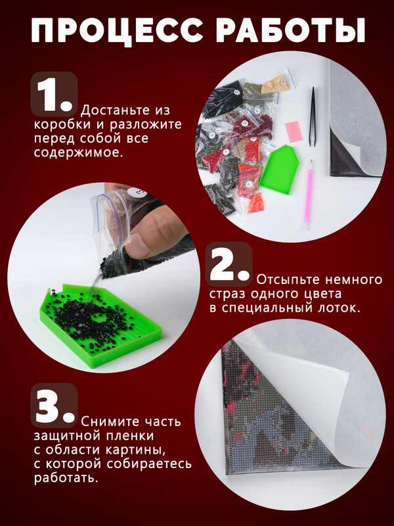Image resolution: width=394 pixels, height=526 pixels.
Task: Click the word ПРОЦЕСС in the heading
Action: pos(117,30)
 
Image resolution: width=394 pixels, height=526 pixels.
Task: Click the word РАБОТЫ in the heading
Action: pos(290,30)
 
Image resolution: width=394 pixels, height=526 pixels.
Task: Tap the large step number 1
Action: pos(54,95)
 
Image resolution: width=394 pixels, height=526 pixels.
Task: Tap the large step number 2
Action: pos(229,264)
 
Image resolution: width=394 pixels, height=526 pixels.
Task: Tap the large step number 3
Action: pos(55,406)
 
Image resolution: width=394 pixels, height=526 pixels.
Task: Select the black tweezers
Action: pos(313,117)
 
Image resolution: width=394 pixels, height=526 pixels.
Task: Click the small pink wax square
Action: pos(294,132)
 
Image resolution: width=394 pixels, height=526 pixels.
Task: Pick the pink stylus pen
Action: pos(308,195)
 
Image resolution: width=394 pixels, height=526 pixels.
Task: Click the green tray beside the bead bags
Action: pos(278,170)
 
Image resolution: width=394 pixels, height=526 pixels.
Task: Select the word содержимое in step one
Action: pos(78,153)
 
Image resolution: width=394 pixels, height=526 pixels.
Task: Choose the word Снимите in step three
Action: pos(109,421)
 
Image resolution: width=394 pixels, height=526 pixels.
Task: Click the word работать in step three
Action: pos(66,478)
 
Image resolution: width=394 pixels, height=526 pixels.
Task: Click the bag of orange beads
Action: pos(256,204)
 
